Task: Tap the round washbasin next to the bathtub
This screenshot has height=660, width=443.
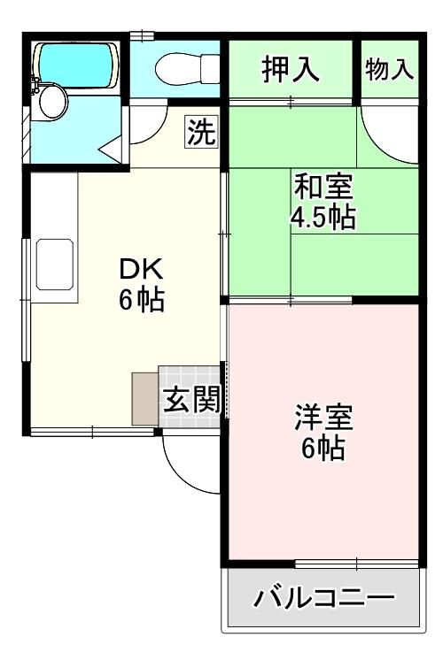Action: click(x=52, y=102)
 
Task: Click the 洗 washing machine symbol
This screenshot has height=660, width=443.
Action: click(x=201, y=132)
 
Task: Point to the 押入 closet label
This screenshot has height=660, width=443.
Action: click(x=291, y=70)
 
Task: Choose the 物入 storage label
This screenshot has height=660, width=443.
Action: click(x=390, y=69)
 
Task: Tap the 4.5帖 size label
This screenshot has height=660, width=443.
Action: click(x=323, y=217)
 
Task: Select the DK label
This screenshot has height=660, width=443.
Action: click(x=141, y=269)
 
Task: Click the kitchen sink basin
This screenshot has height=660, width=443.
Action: click(x=55, y=265)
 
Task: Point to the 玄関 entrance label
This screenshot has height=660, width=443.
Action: click(x=192, y=400)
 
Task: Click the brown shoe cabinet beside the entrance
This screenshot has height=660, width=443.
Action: click(x=145, y=399)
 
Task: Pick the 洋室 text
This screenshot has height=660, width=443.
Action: click(x=323, y=418)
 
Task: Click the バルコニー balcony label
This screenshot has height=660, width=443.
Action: click(x=323, y=598)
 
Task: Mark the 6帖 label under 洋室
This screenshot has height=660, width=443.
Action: click(x=323, y=449)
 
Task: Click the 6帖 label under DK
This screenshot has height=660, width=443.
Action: click(x=141, y=300)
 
